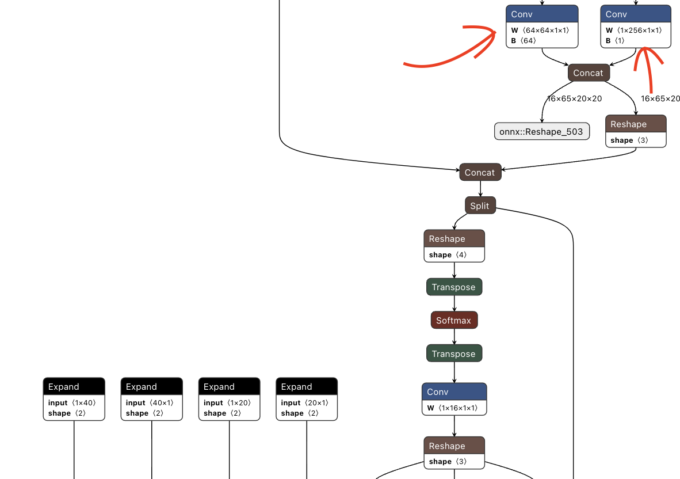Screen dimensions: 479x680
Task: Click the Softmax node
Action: [454, 320]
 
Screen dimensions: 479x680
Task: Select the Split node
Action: [480, 206]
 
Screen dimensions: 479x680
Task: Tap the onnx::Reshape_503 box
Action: [541, 131]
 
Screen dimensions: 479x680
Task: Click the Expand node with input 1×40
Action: [74, 387]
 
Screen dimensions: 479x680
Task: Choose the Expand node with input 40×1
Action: [151, 387]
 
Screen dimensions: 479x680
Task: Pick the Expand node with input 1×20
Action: [229, 387]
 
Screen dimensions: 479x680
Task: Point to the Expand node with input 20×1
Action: [307, 387]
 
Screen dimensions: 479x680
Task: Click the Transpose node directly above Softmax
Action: [454, 287]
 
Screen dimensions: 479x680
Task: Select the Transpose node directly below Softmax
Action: [454, 353]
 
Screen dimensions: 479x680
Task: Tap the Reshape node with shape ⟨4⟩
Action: [454, 239]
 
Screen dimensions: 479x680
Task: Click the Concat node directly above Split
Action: [480, 172]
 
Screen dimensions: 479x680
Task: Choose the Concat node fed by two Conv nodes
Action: [588, 73]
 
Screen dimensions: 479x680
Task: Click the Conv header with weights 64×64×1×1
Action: [542, 14]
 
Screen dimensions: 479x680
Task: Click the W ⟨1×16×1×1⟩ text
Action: [452, 408]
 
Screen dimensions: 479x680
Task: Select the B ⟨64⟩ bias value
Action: [524, 41]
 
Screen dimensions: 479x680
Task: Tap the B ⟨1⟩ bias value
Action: [615, 41]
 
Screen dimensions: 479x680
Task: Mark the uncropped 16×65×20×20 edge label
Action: [574, 98]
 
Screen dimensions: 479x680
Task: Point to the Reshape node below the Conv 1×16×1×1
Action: [454, 446]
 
